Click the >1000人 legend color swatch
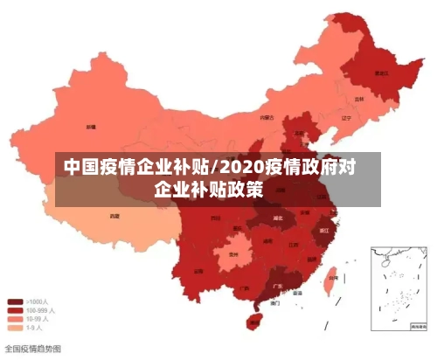pos(16,301)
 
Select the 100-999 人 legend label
pos(40,310)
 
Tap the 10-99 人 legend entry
pos(38,319)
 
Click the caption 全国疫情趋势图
pos(33,348)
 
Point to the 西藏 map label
pos(114,215)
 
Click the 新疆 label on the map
pos(90,128)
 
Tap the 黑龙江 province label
pos(381,74)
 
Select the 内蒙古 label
pos(267,116)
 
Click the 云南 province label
pos(198,271)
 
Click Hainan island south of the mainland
pos(255,321)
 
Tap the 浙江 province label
pos(324,231)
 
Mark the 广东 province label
pos(278,286)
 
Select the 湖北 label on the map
pos(278,217)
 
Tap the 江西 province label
pos(294,246)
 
